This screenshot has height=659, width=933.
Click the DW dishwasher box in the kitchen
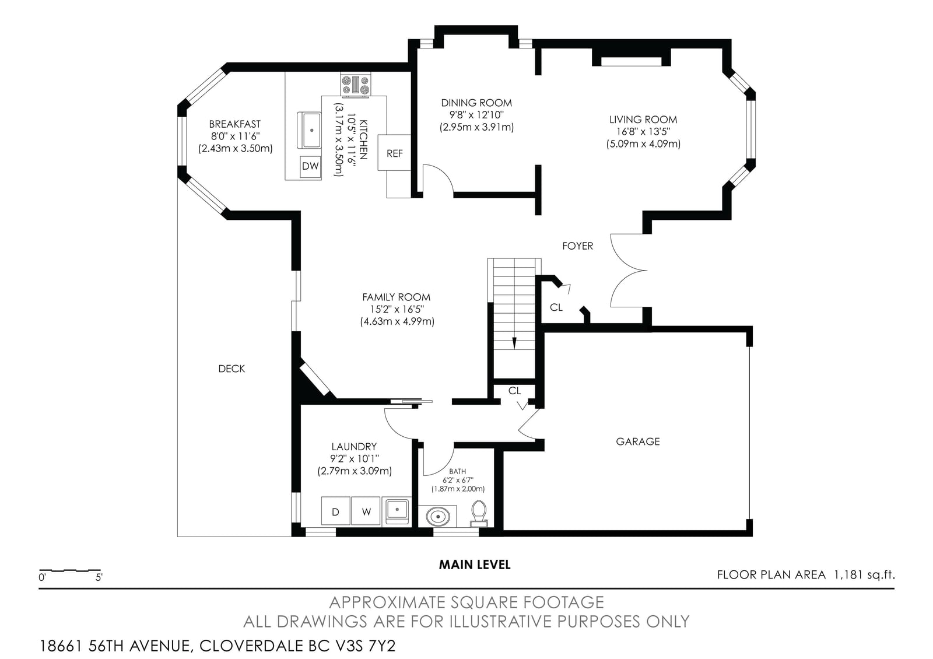tap(310, 166)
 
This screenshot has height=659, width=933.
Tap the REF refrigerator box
tap(394, 152)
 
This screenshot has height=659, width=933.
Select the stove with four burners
tap(356, 85)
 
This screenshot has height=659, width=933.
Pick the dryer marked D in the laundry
tap(335, 511)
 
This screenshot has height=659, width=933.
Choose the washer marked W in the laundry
tap(366, 511)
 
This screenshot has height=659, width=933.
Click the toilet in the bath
tap(479, 514)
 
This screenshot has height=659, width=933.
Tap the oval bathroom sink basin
tap(438, 517)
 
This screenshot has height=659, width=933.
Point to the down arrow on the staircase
tap(514, 342)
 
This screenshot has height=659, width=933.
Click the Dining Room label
tap(476, 103)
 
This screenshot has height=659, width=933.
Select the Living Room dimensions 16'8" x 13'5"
tap(644, 132)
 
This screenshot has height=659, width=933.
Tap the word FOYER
tap(577, 246)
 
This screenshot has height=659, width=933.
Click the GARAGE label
tap(638, 441)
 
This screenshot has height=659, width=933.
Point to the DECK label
tap(232, 369)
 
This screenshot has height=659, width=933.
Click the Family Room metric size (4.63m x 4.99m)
tap(397, 321)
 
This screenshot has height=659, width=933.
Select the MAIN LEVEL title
tap(475, 565)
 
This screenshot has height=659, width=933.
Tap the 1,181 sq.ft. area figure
tap(864, 575)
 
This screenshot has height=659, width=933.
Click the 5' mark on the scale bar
tap(99, 577)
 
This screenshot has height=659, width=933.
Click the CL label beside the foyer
tap(556, 307)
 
